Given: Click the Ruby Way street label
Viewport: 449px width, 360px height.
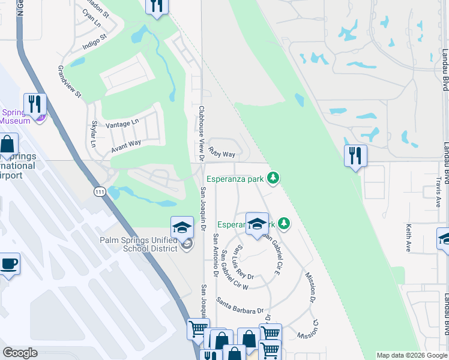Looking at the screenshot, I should (x=222, y=154).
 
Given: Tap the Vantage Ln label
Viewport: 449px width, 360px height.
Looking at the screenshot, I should (x=122, y=123).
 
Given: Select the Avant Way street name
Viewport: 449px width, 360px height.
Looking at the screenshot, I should (x=126, y=143).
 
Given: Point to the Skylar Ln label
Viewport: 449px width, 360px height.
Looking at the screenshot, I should (x=93, y=136).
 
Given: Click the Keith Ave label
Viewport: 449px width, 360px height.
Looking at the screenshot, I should (x=408, y=238).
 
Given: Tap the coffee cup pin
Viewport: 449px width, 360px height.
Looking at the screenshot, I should (x=9, y=264).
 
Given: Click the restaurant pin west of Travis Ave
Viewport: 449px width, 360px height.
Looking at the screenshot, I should (x=355, y=156).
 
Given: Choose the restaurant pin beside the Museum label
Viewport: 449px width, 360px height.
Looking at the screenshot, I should (x=35, y=104).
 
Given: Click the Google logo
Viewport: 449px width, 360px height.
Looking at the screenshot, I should (x=20, y=352).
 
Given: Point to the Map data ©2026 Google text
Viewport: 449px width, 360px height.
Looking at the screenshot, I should (x=411, y=355).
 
